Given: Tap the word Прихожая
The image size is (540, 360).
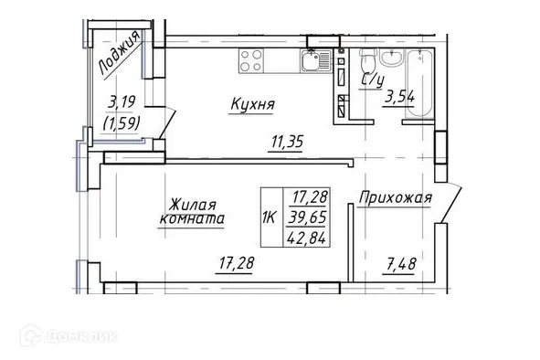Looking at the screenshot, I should (x=394, y=197).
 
